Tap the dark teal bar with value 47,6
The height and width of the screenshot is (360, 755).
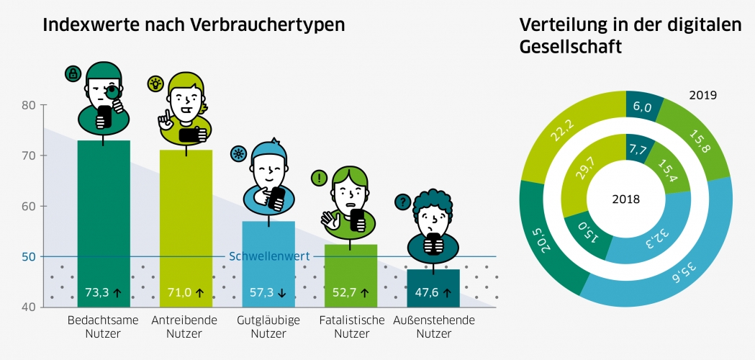(433, 288)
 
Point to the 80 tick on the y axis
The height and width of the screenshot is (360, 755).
(29, 105)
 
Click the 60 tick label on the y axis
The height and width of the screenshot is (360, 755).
(29, 206)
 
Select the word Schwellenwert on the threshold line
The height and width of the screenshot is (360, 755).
(269, 256)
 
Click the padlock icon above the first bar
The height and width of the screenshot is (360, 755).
(72, 73)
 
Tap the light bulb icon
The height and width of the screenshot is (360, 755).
(155, 84)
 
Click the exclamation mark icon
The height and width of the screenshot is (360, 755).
(319, 177)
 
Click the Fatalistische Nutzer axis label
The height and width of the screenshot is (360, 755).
(351, 327)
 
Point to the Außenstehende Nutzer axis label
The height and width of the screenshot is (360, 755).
(434, 327)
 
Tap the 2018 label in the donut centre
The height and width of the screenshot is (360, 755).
(625, 199)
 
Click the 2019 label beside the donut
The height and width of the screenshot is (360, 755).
(702, 95)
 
